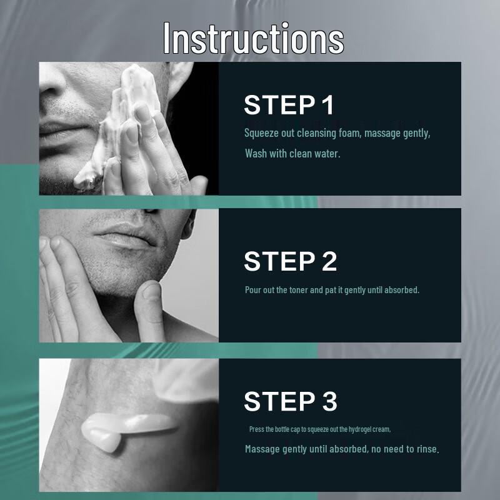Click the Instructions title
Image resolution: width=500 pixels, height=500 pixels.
(254, 39)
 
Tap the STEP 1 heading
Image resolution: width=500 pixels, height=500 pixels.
(289, 105)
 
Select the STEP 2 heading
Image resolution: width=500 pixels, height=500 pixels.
(290, 261)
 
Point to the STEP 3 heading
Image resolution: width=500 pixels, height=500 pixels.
(290, 401)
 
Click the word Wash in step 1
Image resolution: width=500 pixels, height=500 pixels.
(256, 153)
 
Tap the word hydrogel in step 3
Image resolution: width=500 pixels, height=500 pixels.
(362, 429)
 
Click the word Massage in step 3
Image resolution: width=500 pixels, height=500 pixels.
(262, 449)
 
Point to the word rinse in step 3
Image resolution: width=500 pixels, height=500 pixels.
(428, 449)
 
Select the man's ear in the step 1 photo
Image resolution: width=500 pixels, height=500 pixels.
(179, 79)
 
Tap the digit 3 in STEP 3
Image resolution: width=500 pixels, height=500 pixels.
(330, 401)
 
